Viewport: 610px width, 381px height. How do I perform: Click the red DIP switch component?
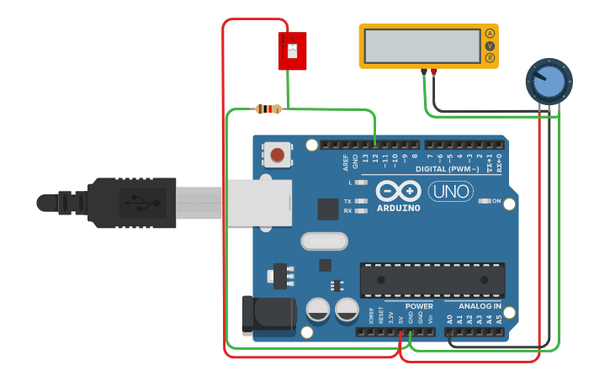coord(292,51)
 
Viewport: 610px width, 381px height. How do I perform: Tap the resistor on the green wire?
coord(268,108)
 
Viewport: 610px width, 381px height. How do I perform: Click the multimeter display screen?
coord(423,46)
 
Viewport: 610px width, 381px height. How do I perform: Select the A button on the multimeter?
coord(490,34)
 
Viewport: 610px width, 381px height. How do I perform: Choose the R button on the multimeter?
coord(490,58)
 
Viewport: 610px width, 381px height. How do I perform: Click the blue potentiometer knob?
coord(549,82)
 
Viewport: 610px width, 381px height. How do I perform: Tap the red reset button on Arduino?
coord(277,154)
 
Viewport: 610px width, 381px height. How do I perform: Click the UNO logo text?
coord(450,192)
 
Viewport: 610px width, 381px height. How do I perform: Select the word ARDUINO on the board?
coord(398,208)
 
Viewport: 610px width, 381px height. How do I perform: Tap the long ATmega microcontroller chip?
coord(432,279)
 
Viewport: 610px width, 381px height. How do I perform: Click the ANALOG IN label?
coord(480,306)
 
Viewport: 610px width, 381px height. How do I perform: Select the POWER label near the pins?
coord(419,306)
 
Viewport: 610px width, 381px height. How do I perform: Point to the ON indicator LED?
coord(485,201)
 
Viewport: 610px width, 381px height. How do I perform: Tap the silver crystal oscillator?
coord(324,241)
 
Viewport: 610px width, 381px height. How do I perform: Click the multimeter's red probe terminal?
coord(434,73)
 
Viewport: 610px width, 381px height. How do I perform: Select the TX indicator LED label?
coord(347,201)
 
